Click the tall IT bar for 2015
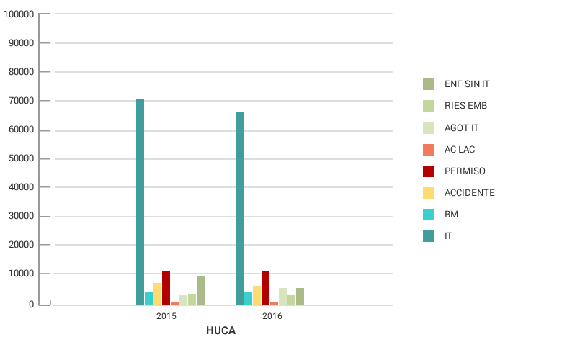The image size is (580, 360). (x=140, y=202)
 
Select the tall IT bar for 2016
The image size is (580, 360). (x=239, y=209)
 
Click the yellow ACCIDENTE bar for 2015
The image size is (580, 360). (x=157, y=294)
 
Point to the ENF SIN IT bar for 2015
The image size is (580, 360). (x=200, y=290)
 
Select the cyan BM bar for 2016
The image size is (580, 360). (x=248, y=298)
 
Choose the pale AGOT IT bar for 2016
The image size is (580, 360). (x=282, y=296)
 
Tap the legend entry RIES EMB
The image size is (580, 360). (x=465, y=106)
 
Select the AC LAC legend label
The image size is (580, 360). (x=460, y=150)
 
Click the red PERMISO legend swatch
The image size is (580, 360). (x=429, y=171)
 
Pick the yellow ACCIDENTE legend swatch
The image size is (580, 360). (x=429, y=193)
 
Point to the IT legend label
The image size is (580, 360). (x=448, y=236)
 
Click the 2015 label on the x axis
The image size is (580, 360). (x=166, y=316)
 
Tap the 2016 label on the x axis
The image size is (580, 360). (x=272, y=316)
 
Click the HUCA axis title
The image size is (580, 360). (x=220, y=331)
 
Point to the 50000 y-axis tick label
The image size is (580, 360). (x=20, y=159)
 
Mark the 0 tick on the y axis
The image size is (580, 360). (x=31, y=305)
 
